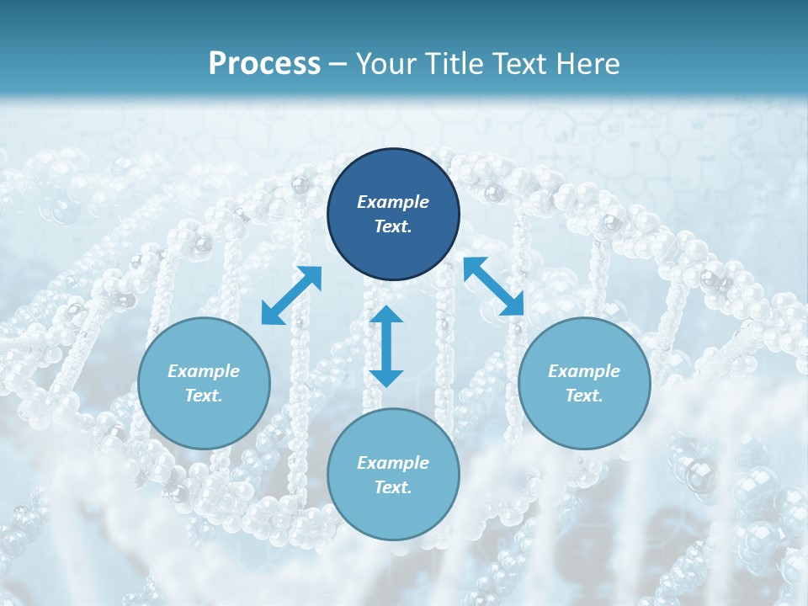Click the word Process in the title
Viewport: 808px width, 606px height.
(x=264, y=64)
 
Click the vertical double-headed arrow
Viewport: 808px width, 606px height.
(x=386, y=346)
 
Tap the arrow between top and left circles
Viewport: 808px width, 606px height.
(x=291, y=295)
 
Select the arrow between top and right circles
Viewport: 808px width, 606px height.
(x=494, y=286)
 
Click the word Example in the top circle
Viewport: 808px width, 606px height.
(x=393, y=202)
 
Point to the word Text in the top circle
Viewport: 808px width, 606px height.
(x=393, y=226)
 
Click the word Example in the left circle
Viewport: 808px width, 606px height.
(x=204, y=371)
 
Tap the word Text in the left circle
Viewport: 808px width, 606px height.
(x=204, y=396)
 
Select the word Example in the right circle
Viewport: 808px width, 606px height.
(x=584, y=371)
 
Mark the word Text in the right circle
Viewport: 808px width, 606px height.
(x=584, y=396)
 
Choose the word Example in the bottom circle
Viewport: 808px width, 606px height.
(x=393, y=463)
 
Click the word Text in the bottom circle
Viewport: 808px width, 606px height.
(x=393, y=487)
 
